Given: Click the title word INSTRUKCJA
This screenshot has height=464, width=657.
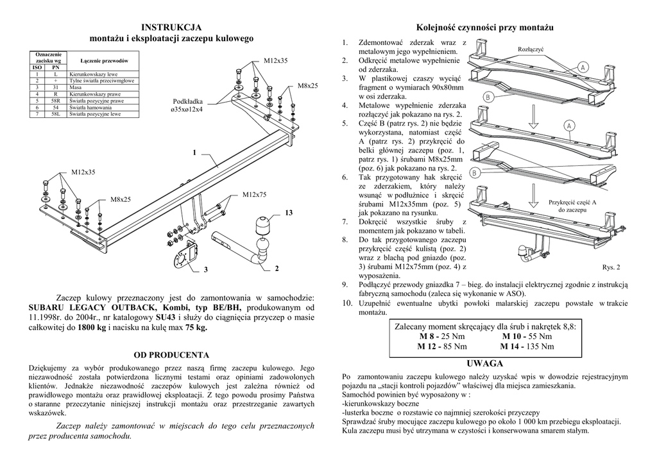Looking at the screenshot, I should [171, 27].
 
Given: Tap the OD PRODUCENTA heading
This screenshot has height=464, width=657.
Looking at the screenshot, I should [171, 354].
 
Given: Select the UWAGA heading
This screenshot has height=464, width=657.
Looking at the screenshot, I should [486, 363].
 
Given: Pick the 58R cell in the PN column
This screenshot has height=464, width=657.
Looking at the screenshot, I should [56, 101].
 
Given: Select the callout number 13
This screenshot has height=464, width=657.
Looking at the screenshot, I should [288, 213].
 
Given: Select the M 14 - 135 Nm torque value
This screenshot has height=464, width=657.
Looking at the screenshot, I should [527, 347].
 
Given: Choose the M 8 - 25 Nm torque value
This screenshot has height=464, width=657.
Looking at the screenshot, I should [442, 336].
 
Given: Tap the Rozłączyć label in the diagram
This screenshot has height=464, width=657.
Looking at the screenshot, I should [531, 49].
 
